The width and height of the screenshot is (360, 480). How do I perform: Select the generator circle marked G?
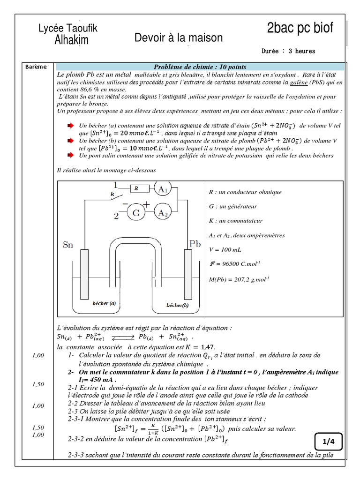pos(137,213)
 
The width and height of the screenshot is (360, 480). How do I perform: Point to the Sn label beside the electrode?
pos(67,245)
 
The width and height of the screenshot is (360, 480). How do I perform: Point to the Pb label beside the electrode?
pos(195,244)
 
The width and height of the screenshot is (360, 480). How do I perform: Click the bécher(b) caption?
pos(177,305)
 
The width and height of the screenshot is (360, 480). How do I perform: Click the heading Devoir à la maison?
pos(179,38)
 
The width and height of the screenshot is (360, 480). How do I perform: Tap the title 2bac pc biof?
pos(300,28)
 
